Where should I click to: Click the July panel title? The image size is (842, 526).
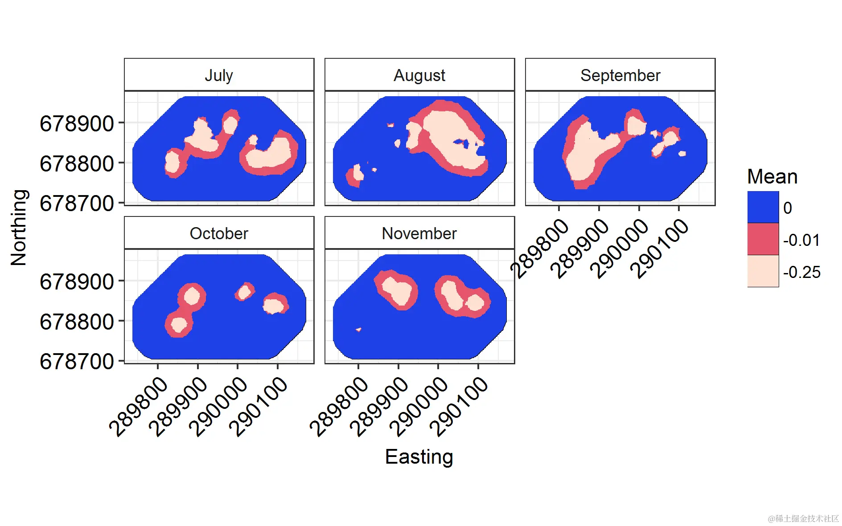[219, 75]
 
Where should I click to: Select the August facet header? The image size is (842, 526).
[419, 75]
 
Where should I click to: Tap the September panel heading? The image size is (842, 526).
[620, 75]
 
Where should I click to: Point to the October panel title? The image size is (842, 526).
[219, 233]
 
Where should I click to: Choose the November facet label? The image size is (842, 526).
[419, 233]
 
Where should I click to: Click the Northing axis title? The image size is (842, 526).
[19, 228]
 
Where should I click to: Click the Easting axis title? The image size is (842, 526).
[419, 457]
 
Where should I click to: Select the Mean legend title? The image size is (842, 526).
[772, 177]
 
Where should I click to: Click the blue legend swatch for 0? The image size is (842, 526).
[763, 207]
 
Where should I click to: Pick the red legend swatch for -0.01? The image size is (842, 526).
[763, 239]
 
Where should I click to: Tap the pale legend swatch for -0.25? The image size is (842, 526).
[763, 271]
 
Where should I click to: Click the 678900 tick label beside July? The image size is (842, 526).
[77, 124]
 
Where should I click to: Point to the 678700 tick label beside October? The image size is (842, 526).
[77, 362]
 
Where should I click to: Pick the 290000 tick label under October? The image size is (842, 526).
[218, 406]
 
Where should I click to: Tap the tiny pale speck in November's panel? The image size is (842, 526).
[358, 330]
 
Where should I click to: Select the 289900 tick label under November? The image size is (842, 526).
[379, 406]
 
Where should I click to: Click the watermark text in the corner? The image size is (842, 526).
[803, 518]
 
